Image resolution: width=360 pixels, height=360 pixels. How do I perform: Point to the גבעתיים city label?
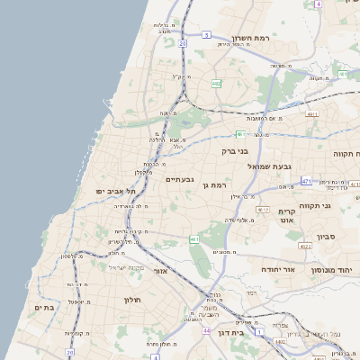pos(180,179)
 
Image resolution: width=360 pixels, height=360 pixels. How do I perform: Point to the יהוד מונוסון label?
pos(336,269)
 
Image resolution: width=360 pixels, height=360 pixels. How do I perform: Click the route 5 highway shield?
pos(206,35)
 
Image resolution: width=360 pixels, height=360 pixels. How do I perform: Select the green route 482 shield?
pos(216,83)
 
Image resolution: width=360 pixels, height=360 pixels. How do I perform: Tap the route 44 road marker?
pos(206,330)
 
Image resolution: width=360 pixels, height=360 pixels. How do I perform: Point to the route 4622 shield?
pos(305,245)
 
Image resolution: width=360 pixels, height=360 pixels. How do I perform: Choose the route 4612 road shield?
pos(262,209)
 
